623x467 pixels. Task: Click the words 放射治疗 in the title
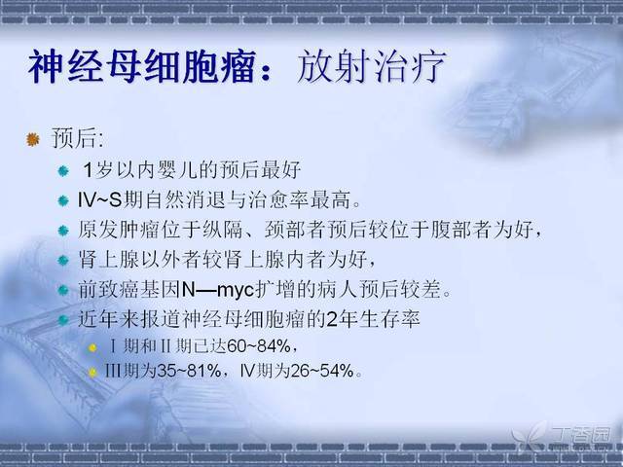pyautogui.click(x=371, y=66)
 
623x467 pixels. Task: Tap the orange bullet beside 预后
pyautogui.click(x=33, y=139)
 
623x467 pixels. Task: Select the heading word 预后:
pyautogui.click(x=78, y=138)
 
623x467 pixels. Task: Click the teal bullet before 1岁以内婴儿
pyautogui.click(x=63, y=171)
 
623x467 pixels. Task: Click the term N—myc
pyautogui.click(x=218, y=290)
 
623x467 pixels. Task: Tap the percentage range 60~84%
pyautogui.click(x=259, y=346)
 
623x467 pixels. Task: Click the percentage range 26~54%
pyautogui.click(x=322, y=372)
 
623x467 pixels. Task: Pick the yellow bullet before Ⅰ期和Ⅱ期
pyautogui.click(x=92, y=348)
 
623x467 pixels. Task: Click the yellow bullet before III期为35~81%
pyautogui.click(x=92, y=373)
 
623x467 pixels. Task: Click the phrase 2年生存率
pyautogui.click(x=373, y=319)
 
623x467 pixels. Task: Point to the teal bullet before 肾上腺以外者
pyautogui.click(x=63, y=261)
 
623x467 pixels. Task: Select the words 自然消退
pyautogui.click(x=184, y=199)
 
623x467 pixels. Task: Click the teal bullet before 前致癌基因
pyautogui.click(x=63, y=290)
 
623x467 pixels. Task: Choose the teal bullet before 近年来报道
pyautogui.click(x=63, y=320)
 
